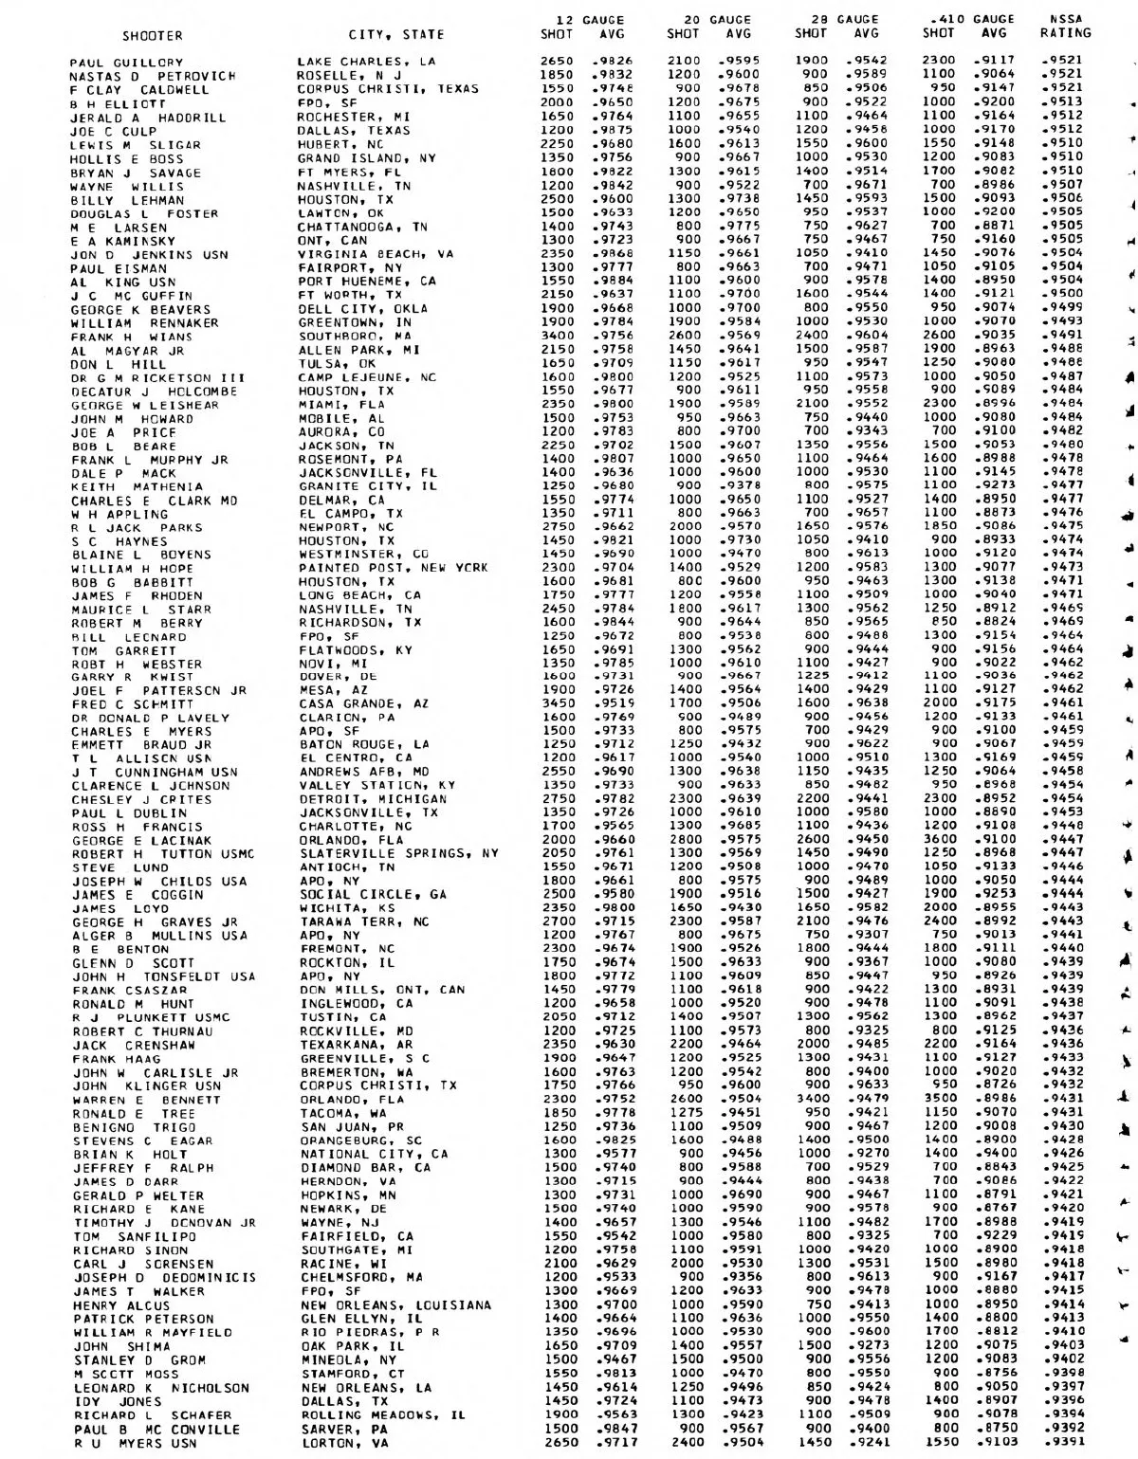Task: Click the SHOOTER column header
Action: [x=153, y=36]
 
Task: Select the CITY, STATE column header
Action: [x=396, y=36]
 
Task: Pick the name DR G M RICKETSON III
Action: [x=159, y=378]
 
